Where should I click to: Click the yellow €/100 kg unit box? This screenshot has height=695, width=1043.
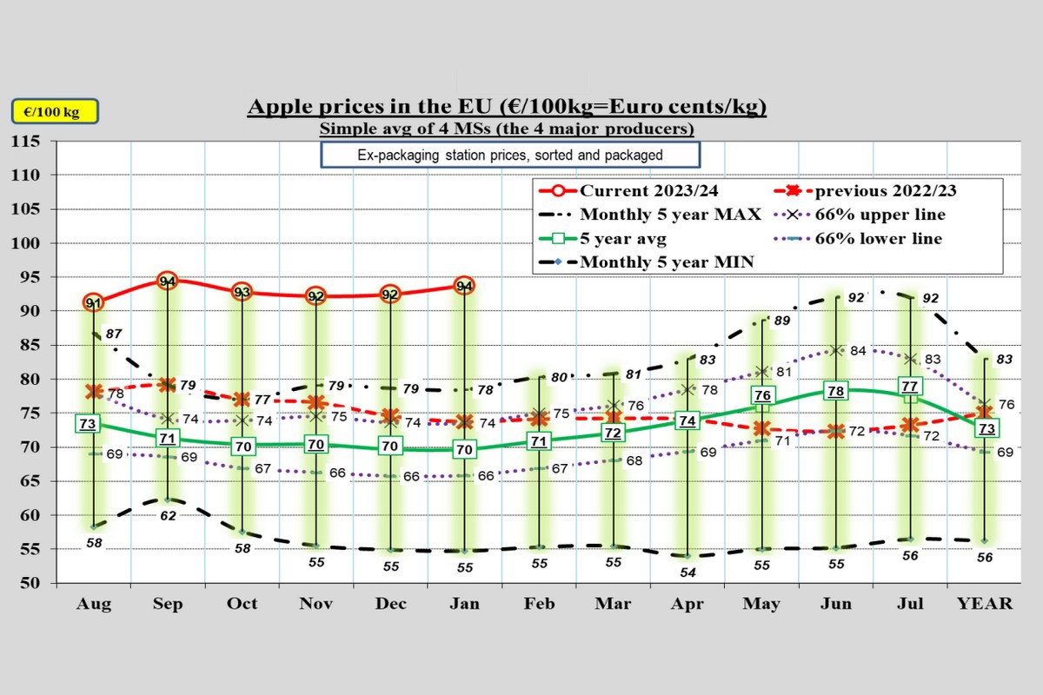point(54,112)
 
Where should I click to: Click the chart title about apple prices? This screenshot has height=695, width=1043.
point(507,107)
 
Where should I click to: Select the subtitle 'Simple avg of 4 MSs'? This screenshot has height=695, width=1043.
point(507,129)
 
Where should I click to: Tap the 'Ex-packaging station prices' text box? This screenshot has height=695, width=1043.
point(510,156)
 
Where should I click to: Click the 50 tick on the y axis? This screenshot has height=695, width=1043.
point(31,583)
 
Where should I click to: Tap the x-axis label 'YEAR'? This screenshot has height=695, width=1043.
point(985,605)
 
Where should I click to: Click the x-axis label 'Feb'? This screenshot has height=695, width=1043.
point(539,605)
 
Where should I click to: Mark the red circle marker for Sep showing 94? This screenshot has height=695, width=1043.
point(168,281)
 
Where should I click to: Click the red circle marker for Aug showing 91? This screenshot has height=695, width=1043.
point(94,302)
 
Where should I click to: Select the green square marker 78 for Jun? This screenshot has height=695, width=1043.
point(836,391)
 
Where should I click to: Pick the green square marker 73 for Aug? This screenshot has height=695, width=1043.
point(87,424)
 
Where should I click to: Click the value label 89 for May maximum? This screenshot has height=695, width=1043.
point(781,321)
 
